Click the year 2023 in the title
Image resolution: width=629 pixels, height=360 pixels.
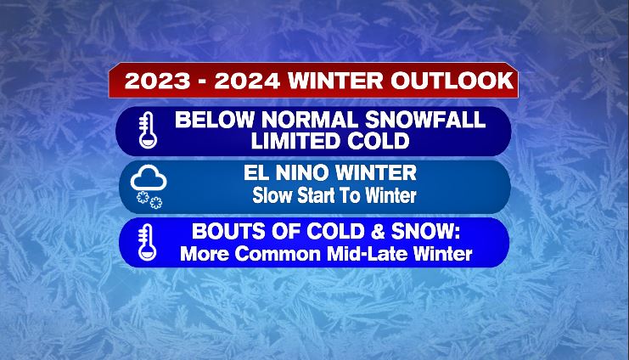157,81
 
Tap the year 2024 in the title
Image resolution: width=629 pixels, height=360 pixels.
247,81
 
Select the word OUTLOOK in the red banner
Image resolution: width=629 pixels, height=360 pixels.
452,81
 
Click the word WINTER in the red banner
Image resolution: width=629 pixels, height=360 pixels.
336,81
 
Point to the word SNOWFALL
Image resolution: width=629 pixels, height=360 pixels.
425,120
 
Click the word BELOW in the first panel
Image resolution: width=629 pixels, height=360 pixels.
215,120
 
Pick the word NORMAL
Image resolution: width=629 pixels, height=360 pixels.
309,120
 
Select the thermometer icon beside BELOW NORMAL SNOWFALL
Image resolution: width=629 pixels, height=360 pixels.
147,131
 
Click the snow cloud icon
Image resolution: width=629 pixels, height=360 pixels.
148,187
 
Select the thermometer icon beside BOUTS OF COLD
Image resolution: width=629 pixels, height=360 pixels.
147,243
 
